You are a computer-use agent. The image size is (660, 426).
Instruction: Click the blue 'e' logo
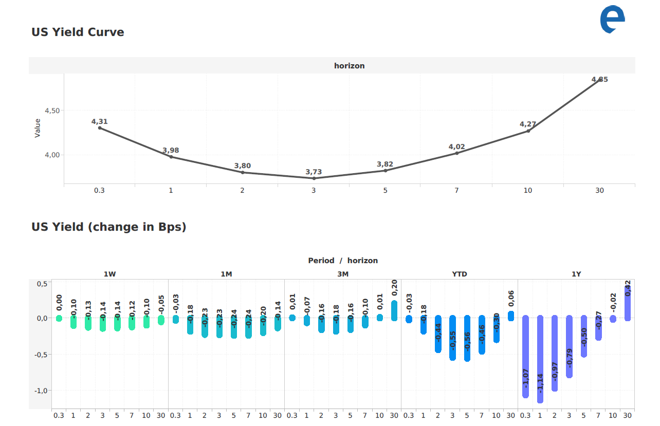coord(612,20)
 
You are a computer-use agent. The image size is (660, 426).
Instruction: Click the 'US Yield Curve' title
coord(78,32)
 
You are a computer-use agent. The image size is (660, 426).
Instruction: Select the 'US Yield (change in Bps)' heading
coord(108,227)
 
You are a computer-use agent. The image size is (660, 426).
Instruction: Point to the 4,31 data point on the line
coord(100,127)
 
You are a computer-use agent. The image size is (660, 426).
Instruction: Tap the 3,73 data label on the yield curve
coord(314,172)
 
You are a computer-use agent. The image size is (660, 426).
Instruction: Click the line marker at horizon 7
coord(456,153)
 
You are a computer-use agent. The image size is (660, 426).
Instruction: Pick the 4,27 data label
coord(528,124)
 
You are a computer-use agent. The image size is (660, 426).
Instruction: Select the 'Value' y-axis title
coord(37,128)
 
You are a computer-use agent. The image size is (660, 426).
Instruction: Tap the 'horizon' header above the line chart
coord(349,66)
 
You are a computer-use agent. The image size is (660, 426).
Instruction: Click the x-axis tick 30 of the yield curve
coord(599,191)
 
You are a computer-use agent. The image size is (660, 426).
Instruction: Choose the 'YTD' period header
coord(460,274)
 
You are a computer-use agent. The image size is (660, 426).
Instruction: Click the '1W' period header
coord(109,274)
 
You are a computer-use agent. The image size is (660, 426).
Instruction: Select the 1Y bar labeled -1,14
coord(540,359)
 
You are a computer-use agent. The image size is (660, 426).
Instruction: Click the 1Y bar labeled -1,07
coord(525,357)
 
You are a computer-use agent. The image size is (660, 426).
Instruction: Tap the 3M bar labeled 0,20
coord(394,310)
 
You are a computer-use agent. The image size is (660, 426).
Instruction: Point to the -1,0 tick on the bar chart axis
coord(41,391)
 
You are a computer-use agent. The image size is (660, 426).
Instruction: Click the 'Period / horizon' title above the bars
coord(343,261)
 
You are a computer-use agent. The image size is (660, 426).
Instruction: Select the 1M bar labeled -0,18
coord(190,326)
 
